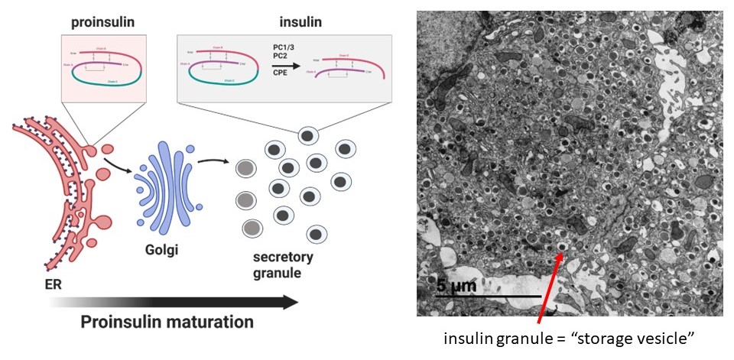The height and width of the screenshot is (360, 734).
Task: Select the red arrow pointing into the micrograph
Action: pos(547,290)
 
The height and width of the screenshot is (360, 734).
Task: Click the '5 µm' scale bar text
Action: pos(456,286)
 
